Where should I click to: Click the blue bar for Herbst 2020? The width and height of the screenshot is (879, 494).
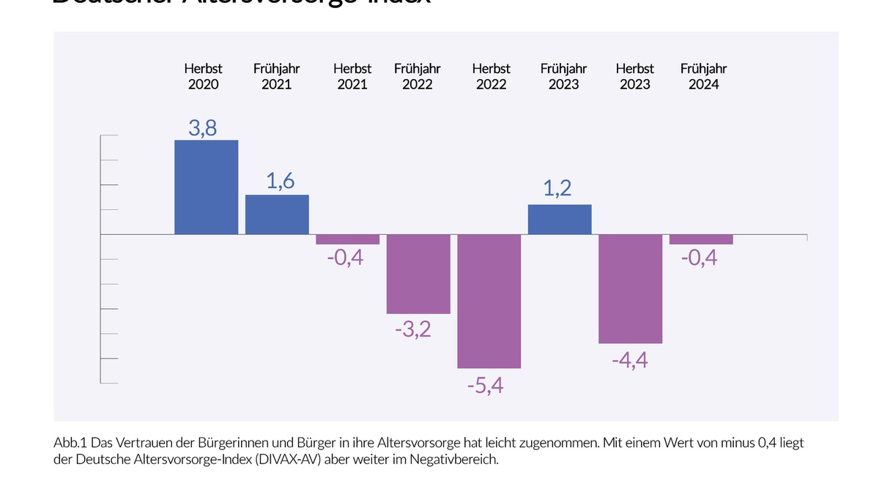(x=206, y=187)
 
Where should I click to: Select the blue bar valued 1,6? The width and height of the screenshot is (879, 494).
(x=277, y=214)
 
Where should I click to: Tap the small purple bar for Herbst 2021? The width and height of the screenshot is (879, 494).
(x=348, y=239)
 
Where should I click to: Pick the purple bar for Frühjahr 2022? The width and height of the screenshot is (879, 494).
(x=418, y=274)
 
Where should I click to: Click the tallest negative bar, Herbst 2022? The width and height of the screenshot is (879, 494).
(x=489, y=301)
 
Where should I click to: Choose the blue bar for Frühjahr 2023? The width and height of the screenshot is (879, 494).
(x=560, y=220)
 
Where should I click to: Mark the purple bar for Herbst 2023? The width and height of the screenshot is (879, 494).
(x=631, y=289)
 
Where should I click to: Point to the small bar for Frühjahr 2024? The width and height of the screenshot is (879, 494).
(x=701, y=239)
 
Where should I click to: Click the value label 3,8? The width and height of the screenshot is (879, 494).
(x=202, y=128)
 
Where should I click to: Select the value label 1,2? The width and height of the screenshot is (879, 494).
(x=557, y=189)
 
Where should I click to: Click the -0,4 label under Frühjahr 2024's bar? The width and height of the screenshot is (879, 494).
(x=699, y=258)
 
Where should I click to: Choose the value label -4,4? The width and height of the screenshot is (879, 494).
(x=630, y=360)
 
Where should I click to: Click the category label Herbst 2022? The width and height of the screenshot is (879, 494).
(x=492, y=76)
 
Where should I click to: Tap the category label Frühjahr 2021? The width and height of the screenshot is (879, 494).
(x=277, y=76)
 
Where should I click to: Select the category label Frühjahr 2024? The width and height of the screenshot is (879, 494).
(x=703, y=76)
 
